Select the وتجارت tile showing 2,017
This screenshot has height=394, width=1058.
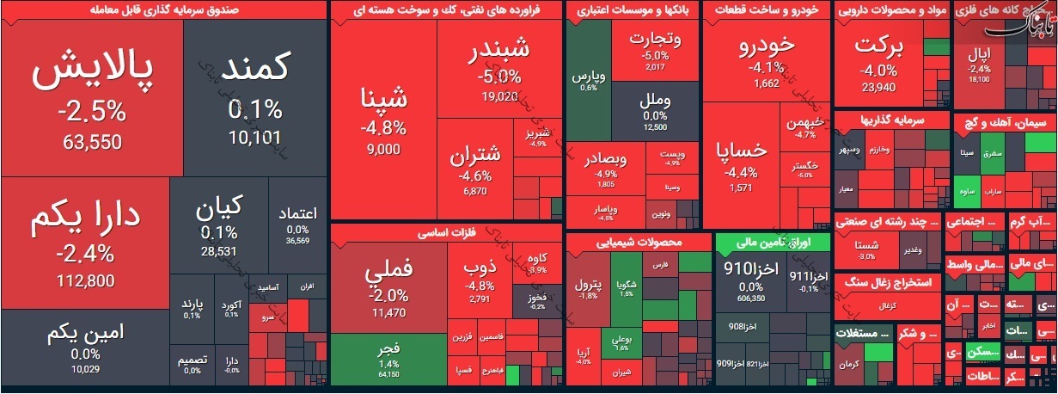tap(655, 52)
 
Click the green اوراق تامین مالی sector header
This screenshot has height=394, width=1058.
tap(773, 242)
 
